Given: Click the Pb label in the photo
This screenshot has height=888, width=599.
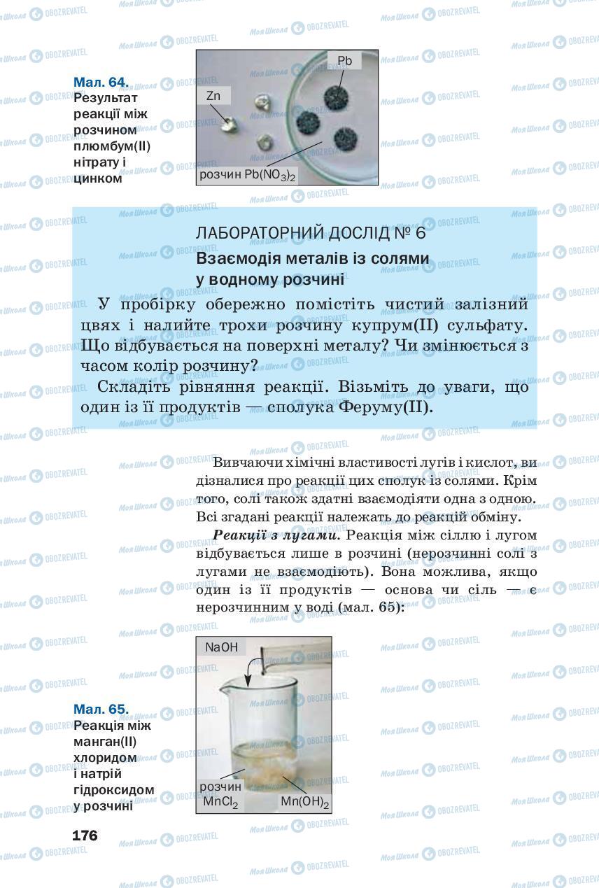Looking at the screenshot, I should coord(344,61).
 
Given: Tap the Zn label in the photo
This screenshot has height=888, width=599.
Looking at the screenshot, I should coord(213,96).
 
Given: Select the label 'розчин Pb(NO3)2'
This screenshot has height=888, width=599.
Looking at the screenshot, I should coord(248,175).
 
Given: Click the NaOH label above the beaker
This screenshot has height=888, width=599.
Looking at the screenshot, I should coord(220,647).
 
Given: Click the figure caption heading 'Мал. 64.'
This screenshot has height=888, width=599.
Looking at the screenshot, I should coord(101,82).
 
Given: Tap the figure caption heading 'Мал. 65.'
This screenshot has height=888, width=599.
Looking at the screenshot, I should coord(101,709).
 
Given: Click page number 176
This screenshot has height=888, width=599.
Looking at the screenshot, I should coord(85,836).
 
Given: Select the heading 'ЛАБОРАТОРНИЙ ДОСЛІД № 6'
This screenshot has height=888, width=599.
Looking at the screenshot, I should coord(311,232).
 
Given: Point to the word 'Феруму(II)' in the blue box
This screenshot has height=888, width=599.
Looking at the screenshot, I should coord(391,407).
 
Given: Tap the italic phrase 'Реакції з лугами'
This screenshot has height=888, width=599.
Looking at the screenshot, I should coord(276,535).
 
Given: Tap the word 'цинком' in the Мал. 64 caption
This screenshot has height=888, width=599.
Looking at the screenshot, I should coord(98,178).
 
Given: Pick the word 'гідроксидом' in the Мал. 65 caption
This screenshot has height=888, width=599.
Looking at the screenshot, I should coord(113,790).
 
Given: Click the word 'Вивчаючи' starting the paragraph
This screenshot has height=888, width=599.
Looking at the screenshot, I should coord(249,463).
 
